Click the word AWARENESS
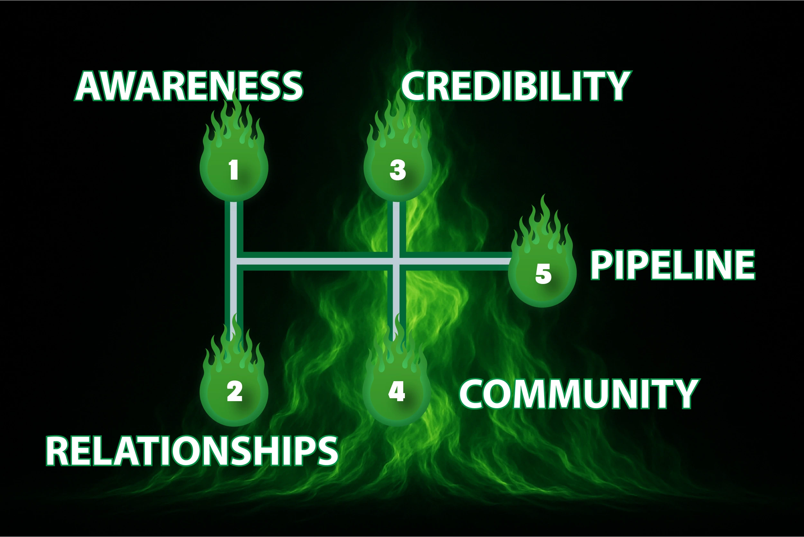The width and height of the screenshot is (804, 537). point(188,86)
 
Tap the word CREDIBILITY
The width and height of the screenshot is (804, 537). point(516,86)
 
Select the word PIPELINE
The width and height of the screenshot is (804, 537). point(672,265)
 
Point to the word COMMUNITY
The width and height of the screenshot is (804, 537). point(578,394)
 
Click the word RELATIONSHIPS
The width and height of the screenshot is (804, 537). point(192,451)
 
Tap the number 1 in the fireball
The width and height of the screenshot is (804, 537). point(234,170)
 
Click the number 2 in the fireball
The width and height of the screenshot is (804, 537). point(234,391)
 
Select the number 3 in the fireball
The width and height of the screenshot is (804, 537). point(397,170)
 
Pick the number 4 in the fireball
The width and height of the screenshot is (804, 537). point(397,391)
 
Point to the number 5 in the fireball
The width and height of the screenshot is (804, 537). point(543,274)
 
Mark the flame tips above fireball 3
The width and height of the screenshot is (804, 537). point(398,120)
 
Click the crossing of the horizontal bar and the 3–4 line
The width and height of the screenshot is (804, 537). point(396,261)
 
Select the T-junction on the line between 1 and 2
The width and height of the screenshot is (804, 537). point(233,261)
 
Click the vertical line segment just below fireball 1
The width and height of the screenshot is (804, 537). point(233,222)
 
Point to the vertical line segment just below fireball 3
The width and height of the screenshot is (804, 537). point(396,222)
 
